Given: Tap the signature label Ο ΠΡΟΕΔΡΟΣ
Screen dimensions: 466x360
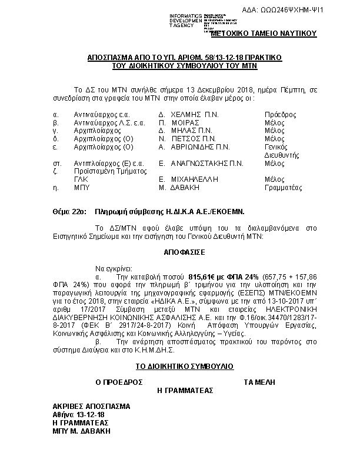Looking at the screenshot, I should coord(119,382).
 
